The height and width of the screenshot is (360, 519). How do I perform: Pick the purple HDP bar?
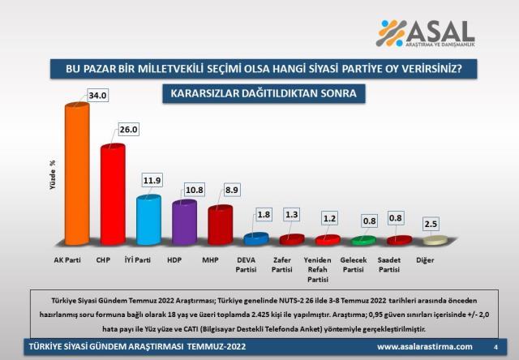coord(184,221)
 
